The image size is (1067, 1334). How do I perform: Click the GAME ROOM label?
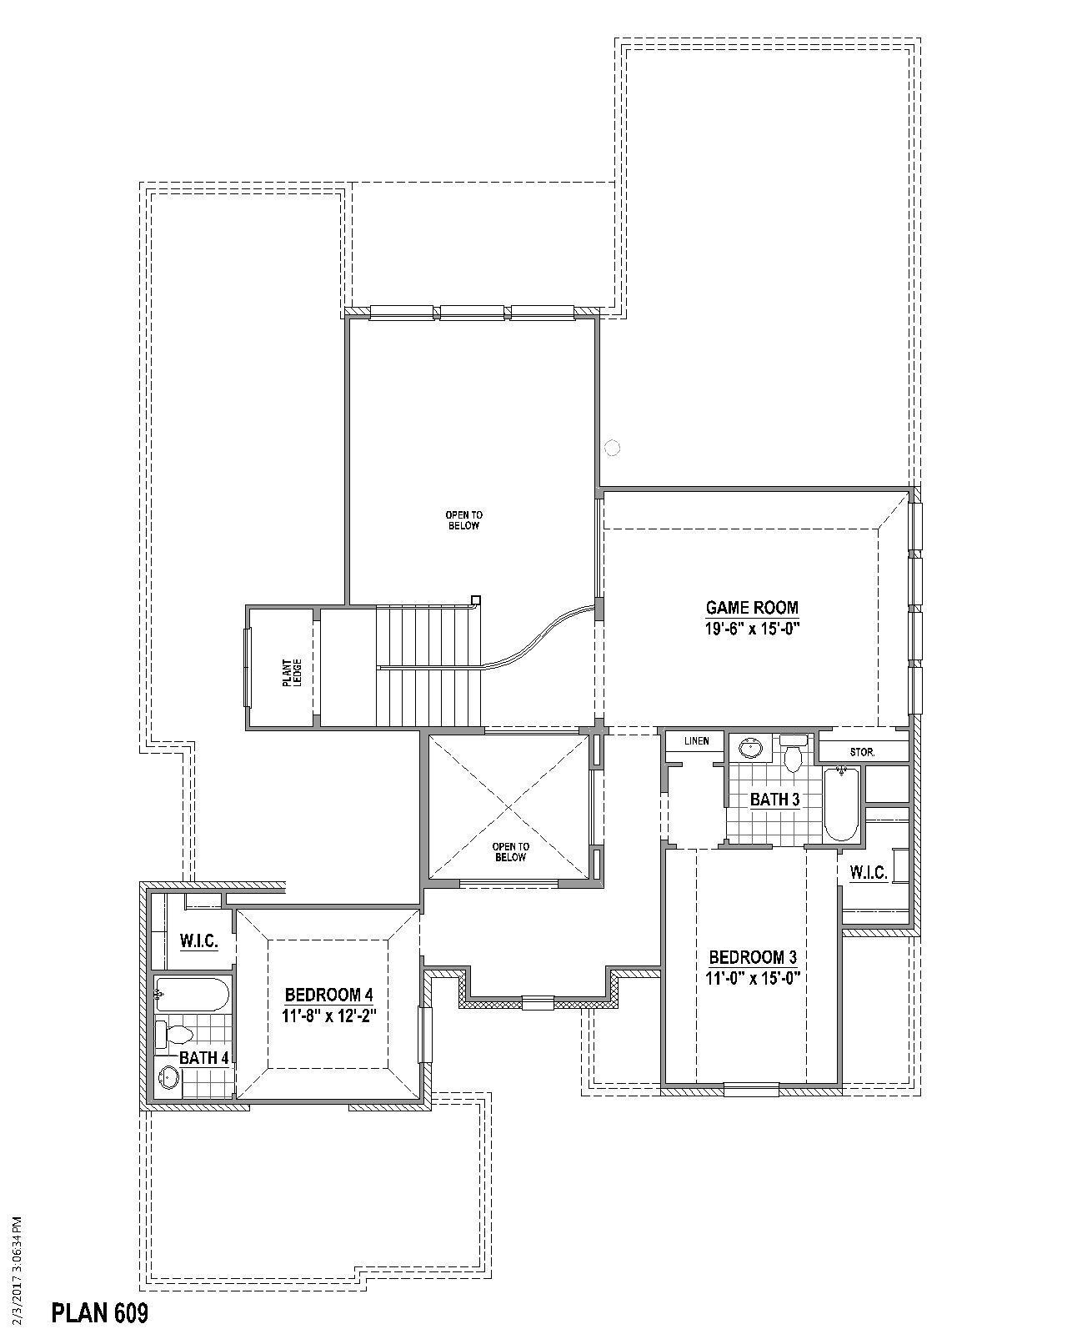(752, 608)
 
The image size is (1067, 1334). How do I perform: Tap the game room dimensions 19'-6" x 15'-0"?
(752, 629)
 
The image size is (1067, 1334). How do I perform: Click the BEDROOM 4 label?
(328, 995)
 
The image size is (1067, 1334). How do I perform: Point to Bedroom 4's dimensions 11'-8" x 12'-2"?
(328, 1016)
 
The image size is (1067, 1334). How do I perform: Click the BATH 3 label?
(774, 800)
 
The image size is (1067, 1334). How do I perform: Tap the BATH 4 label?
(204, 1058)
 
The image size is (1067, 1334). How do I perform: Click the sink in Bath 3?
(752, 748)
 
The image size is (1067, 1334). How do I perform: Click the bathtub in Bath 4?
(192, 995)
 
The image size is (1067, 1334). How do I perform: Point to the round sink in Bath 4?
(169, 1078)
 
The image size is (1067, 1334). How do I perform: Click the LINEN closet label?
(696, 740)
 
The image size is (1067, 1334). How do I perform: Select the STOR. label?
(862, 752)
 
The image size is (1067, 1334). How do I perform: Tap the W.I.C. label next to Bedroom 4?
(199, 941)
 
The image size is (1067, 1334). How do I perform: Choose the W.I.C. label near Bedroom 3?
(868, 873)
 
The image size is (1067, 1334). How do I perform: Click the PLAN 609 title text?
(100, 1313)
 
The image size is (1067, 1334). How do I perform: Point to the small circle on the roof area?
(612, 448)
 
